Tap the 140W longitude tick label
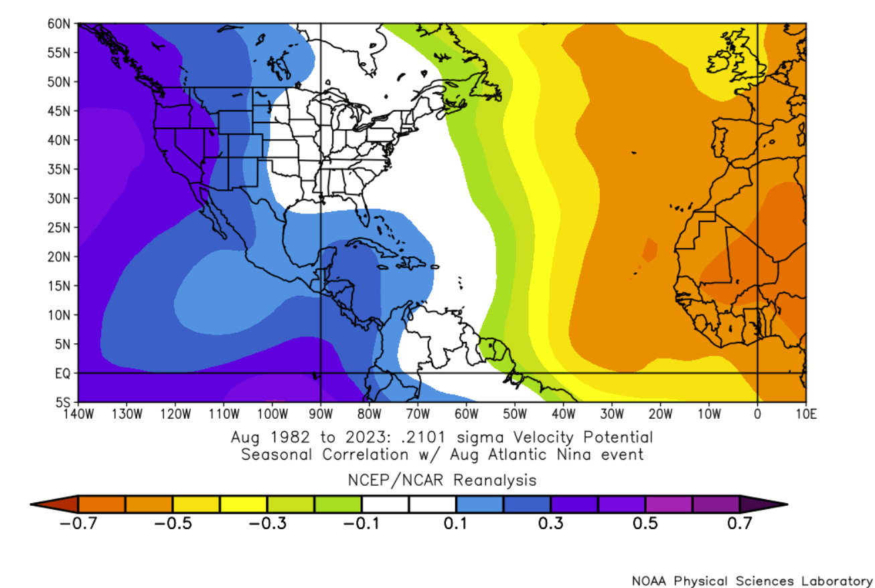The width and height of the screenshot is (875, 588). click(78, 413)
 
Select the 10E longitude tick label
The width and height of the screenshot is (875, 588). click(805, 413)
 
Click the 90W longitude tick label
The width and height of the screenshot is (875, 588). click(321, 413)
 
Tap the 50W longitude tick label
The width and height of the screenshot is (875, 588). click(515, 413)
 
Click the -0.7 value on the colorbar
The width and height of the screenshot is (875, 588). click(78, 522)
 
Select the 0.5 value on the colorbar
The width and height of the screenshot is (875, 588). click(645, 522)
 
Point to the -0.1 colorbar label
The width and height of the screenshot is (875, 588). click(362, 522)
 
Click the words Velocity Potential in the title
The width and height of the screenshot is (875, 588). click(582, 438)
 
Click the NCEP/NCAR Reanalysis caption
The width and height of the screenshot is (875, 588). click(441, 480)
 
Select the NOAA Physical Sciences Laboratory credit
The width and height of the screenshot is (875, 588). click(752, 580)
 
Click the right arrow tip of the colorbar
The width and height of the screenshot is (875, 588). click(785, 504)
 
